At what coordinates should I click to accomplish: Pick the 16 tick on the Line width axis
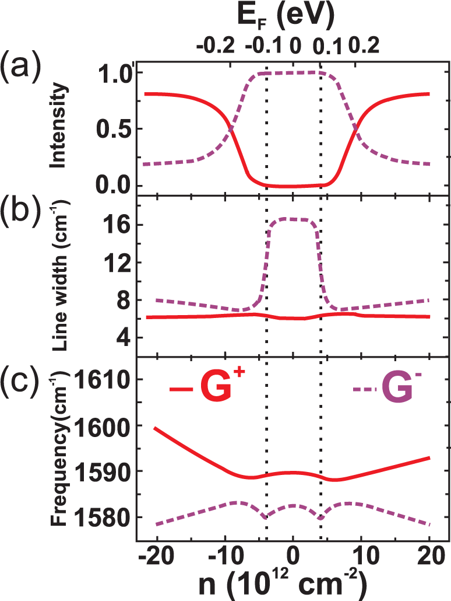[x=116, y=225]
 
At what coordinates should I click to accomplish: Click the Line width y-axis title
[x=64, y=274]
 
